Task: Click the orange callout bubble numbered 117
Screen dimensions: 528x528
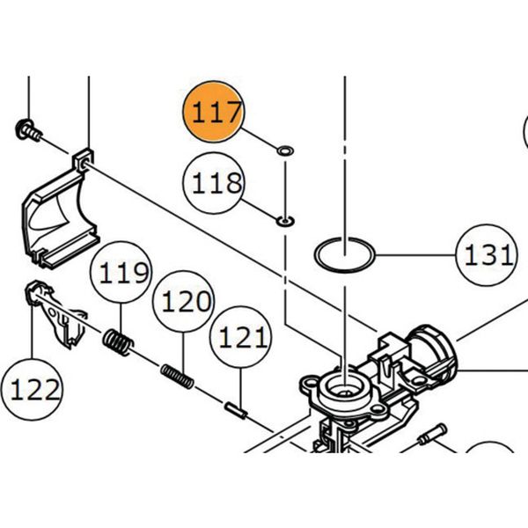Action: click(212, 112)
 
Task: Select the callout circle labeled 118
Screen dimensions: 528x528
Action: click(212, 183)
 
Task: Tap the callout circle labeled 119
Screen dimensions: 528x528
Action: click(122, 272)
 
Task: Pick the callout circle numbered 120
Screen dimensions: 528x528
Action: click(183, 301)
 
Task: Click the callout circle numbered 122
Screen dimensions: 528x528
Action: click(32, 388)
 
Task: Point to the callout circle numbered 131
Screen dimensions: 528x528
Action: click(486, 255)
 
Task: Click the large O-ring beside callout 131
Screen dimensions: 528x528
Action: click(345, 256)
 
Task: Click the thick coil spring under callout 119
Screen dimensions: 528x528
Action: click(118, 341)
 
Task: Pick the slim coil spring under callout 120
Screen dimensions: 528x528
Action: click(178, 376)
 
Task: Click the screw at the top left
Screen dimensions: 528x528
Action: click(28, 129)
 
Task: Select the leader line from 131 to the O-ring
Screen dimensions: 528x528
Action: click(414, 256)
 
